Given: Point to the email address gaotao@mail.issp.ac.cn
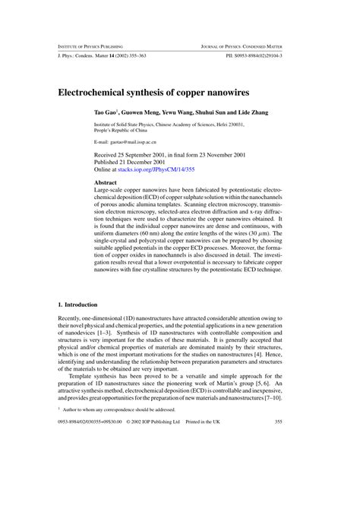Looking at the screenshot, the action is click(x=132, y=142).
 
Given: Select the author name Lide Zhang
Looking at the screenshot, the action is click(x=248, y=112).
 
